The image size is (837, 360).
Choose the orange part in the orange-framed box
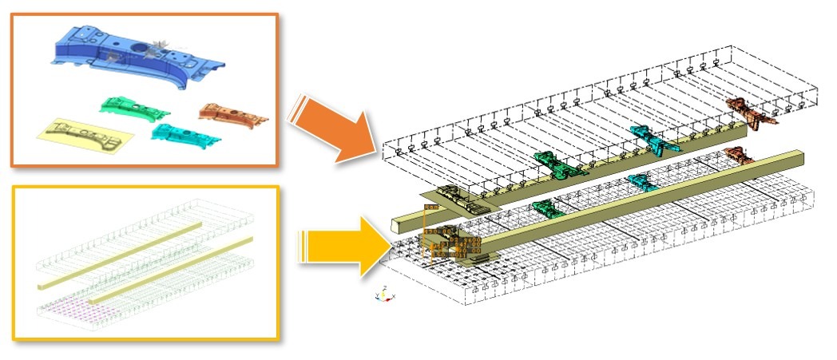click(232, 114)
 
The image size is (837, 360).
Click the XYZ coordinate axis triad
click(384, 293)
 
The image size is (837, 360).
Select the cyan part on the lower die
click(643, 181)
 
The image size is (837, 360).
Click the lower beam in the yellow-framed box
click(172, 267)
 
